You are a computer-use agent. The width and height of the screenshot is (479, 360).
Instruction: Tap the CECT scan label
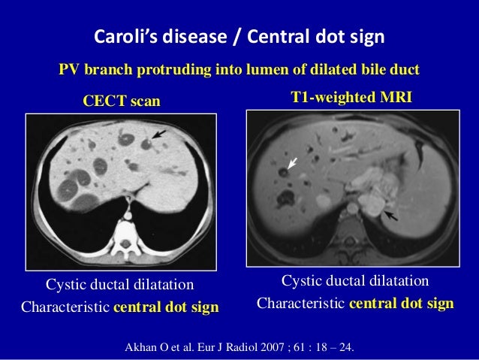coord(122,101)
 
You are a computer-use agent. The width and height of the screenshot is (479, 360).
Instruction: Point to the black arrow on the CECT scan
coord(158,134)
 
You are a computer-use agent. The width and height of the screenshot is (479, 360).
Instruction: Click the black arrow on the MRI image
coord(390,217)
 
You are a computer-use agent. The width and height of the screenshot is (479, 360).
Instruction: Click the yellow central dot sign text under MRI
coord(402,304)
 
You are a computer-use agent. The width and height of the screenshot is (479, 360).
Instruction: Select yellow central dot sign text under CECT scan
coord(166,307)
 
